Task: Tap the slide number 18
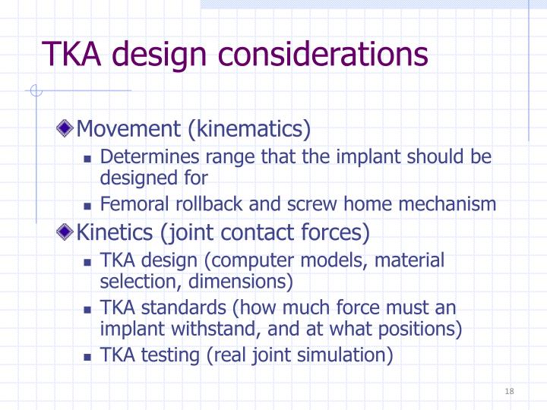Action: (509, 391)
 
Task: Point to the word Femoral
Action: (130, 204)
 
